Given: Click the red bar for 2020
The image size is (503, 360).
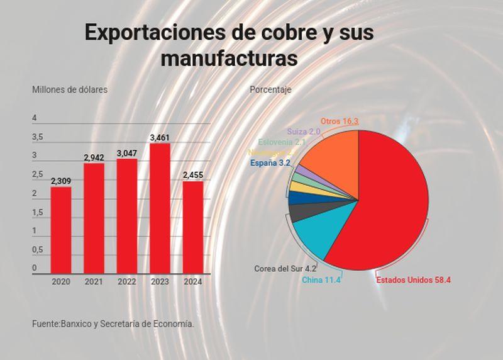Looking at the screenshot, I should click(61, 230).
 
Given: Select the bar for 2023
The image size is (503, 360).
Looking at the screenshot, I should click(160, 208).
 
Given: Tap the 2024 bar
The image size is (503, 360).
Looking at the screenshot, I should click(193, 227).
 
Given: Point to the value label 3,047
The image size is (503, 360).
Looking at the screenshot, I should click(127, 153).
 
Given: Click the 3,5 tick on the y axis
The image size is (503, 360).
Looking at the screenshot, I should click(38, 137).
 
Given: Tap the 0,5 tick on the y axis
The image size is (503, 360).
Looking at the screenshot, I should click(38, 250).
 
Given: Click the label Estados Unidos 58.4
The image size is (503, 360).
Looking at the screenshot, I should click(414, 280).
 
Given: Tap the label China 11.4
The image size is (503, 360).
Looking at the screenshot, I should click(321, 280).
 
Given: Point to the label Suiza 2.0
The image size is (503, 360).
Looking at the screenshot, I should click(304, 132).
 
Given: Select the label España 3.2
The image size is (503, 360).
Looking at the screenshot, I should click(270, 163).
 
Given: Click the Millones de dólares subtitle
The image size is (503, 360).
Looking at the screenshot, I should click(70, 89).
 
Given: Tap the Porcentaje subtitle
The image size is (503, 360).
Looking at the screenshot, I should click(270, 89).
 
